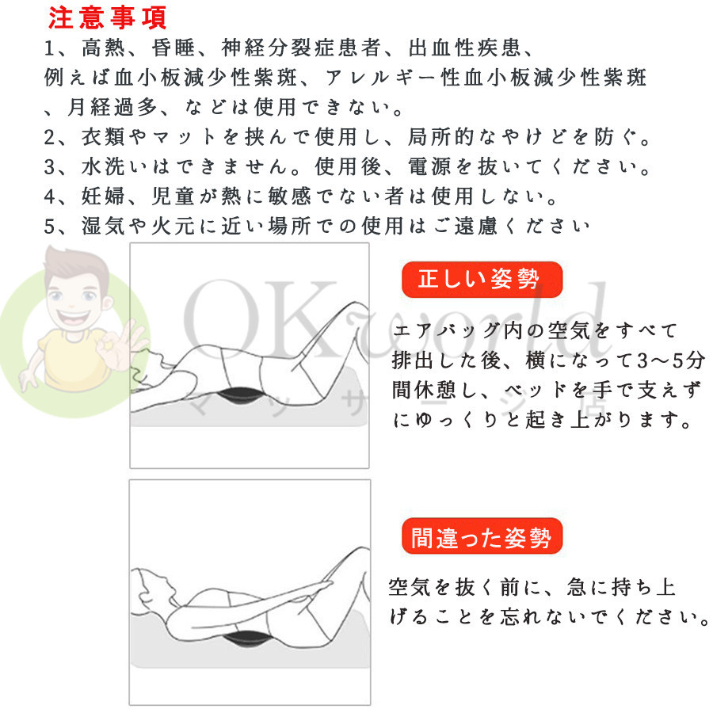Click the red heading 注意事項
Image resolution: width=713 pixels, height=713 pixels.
tap(107, 18)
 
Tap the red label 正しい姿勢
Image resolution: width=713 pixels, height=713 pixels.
tap(482, 279)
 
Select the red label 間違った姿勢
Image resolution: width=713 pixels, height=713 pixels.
tap(482, 536)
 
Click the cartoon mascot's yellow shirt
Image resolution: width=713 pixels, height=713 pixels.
tap(73, 359)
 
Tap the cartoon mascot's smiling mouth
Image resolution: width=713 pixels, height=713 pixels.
tap(73, 316)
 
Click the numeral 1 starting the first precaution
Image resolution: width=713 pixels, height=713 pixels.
tap(49, 48)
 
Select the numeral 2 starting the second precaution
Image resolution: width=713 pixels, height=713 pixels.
tap(50, 137)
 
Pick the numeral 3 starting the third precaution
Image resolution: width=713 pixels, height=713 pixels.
tap(50, 167)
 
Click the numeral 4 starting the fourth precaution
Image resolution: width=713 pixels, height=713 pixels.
tap(50, 196)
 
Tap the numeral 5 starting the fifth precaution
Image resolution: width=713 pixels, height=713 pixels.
tap(50, 226)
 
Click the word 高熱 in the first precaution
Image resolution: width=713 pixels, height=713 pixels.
tap(104, 48)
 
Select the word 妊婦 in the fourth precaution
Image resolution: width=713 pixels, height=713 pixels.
tap(104, 196)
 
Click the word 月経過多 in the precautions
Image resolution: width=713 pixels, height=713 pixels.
tap(112, 107)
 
